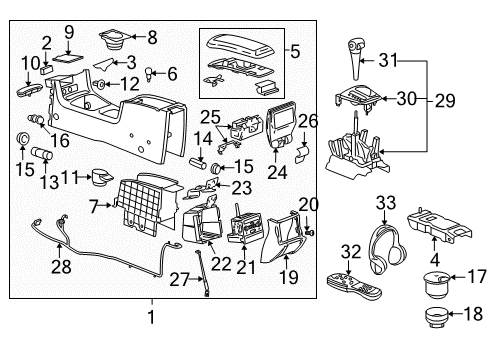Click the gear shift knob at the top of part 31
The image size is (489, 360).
point(353,48)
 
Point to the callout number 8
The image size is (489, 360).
point(151,39)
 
